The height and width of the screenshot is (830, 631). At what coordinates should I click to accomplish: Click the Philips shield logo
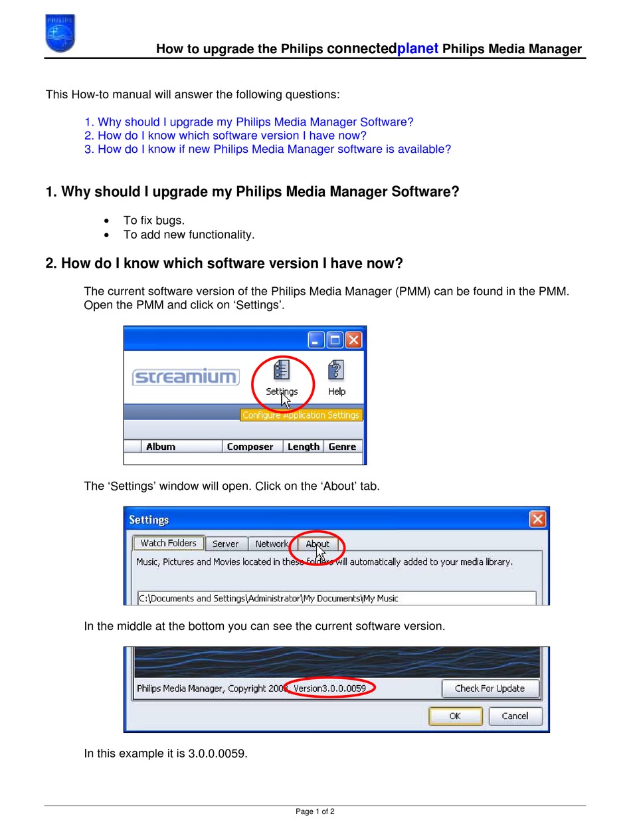point(60,33)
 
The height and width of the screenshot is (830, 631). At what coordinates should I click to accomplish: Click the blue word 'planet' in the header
point(418,49)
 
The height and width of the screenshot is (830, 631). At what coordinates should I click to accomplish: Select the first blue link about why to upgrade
point(248,122)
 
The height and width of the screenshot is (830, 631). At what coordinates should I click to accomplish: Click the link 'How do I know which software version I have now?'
point(225,136)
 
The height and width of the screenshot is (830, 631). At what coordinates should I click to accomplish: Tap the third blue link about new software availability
point(267,150)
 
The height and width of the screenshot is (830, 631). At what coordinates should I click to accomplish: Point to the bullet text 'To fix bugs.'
point(154,221)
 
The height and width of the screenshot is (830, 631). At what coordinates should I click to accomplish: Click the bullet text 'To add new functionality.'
point(189,235)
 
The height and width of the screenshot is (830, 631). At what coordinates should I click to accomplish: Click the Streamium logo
point(185,377)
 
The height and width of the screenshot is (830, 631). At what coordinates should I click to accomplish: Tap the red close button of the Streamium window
point(354,340)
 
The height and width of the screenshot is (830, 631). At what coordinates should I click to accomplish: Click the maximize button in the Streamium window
point(335,340)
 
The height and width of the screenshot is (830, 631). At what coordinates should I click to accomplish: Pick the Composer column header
point(250,447)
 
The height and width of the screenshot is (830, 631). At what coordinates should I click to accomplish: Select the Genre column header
point(342,447)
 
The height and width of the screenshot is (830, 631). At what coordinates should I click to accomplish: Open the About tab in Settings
point(317,544)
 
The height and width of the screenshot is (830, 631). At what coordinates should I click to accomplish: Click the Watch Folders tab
point(168,543)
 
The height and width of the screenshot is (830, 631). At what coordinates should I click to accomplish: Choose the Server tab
point(226,544)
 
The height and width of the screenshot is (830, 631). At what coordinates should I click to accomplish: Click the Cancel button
point(515,716)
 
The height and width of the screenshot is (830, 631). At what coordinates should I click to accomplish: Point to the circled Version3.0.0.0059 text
point(329,688)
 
